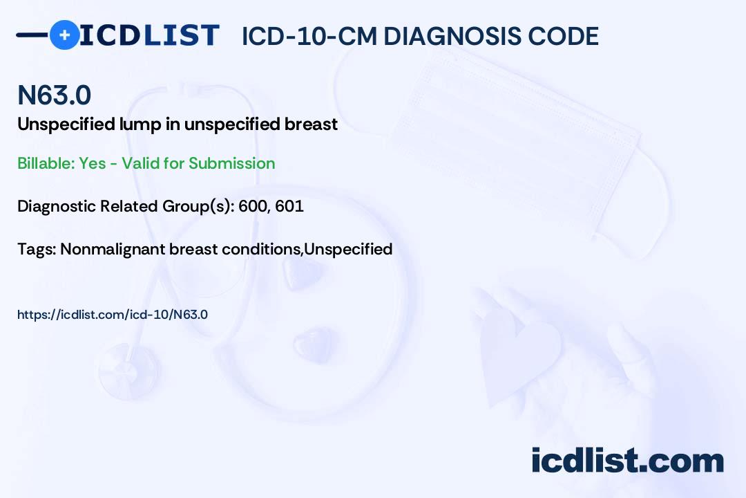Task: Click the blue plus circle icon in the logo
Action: coord(64,35)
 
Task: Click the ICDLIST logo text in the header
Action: coord(149,35)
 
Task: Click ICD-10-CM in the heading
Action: coord(309,36)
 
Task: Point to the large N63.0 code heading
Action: coord(55,95)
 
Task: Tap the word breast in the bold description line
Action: coord(311,124)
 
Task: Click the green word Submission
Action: coord(231,163)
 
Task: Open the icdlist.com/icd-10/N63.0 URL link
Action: coord(113,315)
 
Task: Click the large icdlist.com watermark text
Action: coord(627,460)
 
